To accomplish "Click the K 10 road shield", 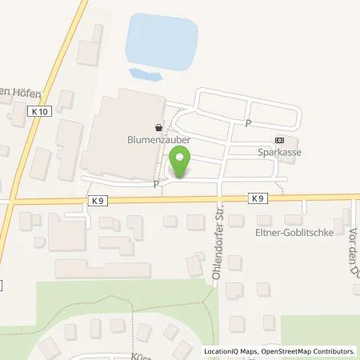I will pyautogui.click(x=42, y=112).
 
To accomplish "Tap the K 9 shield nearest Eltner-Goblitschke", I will pyautogui.click(x=257, y=198).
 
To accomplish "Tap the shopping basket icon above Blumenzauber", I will pyautogui.click(x=159, y=126).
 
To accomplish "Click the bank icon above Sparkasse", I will pyautogui.click(x=278, y=138).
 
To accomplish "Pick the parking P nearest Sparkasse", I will pyautogui.click(x=248, y=123).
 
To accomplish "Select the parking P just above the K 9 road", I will pyautogui.click(x=156, y=183).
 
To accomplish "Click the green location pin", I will pyautogui.click(x=181, y=163).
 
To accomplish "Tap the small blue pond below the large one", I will pyautogui.click(x=143, y=74).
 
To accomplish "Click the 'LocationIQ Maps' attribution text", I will pyautogui.click(x=232, y=351).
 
